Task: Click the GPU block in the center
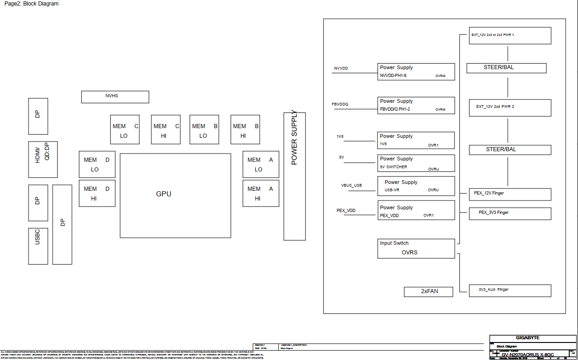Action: pos(175,195)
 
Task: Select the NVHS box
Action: pos(115,97)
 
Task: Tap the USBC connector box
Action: pos(38,246)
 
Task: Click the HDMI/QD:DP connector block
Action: pos(43,159)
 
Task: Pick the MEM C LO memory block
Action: pos(125,130)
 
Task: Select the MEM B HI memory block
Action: pos(245,130)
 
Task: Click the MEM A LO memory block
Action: pos(261,164)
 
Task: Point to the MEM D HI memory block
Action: pos(97,194)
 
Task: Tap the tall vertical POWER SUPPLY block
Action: pos(294,176)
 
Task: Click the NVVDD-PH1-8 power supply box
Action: pos(416,71)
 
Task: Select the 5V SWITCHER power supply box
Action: pos(416,163)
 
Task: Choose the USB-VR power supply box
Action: pos(416,186)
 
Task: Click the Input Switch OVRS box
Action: pos(416,248)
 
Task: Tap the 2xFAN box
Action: pos(429,292)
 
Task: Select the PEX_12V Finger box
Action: pos(510,194)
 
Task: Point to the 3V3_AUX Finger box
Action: pos(510,290)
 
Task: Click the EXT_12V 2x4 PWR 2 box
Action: pos(510,107)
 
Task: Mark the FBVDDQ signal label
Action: pos(340,104)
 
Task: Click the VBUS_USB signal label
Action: pos(352,185)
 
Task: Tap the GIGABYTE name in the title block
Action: pos(528,338)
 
